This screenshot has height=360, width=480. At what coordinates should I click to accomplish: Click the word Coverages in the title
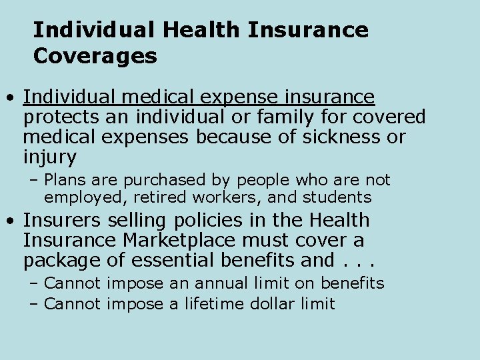[x=95, y=56]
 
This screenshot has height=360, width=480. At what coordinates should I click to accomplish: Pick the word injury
[x=50, y=158]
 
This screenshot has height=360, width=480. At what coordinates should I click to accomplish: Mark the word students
[x=338, y=197]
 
